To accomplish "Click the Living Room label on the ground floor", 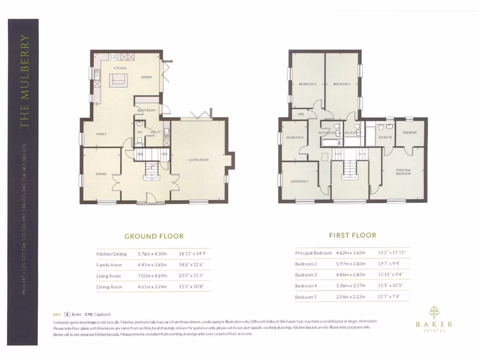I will (199, 160).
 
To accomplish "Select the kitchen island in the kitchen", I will (119, 80).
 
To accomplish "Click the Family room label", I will (101, 134).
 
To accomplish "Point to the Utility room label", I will (155, 132).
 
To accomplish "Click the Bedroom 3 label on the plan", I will (307, 84).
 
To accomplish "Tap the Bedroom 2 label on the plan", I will (342, 84).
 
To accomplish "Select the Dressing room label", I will (409, 133).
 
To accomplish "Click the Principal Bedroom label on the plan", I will (403, 172).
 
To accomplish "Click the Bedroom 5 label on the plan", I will (295, 138).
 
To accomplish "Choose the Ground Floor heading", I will (153, 236).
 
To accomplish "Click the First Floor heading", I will (352, 235).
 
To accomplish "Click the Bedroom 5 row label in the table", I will (306, 297).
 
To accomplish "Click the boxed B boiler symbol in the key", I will (67, 315).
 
